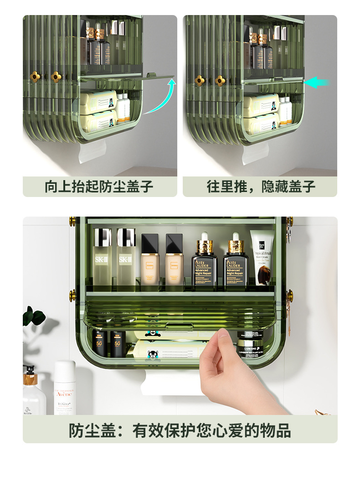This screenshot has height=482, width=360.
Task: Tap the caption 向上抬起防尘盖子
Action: coord(99,187)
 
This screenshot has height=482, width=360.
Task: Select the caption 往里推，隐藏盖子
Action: coord(261,187)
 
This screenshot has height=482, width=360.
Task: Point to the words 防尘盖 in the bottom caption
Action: coord(89,430)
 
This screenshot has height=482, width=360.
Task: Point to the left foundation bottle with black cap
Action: coord(150,262)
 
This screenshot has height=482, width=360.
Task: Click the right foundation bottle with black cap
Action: coord(174,262)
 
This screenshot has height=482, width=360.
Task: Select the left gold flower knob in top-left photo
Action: coord(35,77)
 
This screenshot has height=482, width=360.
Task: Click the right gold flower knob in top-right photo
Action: coord(220,80)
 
